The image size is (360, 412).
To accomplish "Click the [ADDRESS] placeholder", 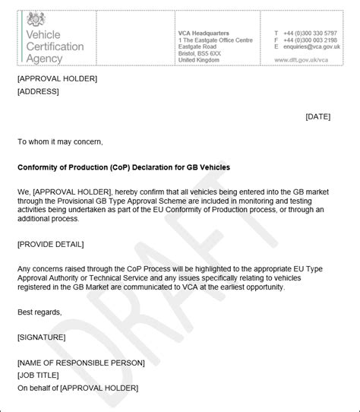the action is [x=37, y=91].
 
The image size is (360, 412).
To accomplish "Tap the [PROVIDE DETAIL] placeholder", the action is [x=50, y=243].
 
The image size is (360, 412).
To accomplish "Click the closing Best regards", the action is [x=39, y=312].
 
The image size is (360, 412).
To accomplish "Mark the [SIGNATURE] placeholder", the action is [x=41, y=337].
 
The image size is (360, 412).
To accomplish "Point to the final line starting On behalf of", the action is [x=77, y=388].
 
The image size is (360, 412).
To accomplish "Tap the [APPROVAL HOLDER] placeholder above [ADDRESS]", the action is [x=57, y=78].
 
